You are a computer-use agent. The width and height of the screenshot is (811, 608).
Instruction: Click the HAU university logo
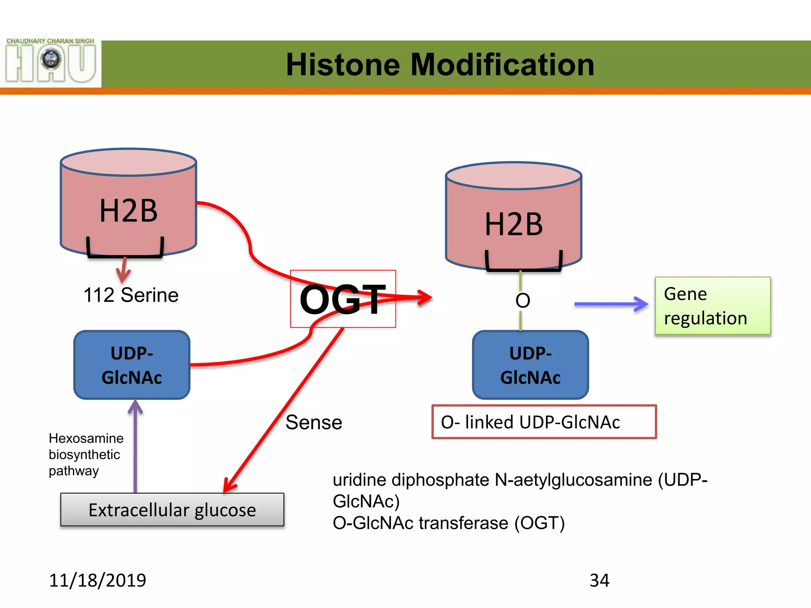point(51,60)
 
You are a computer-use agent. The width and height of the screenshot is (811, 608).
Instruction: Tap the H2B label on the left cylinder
point(128,211)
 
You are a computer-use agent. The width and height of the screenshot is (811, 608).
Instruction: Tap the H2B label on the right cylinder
point(514,224)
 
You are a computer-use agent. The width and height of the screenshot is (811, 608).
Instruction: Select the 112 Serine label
point(131,295)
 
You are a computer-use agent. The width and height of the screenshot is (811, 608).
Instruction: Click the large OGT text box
point(343,299)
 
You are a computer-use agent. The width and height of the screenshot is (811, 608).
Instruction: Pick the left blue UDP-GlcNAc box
point(132,365)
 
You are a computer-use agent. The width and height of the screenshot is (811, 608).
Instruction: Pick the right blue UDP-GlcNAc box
point(531,365)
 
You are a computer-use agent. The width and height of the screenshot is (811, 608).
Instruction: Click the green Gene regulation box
point(713,306)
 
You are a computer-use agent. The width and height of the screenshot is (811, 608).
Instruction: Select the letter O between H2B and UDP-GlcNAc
point(523,301)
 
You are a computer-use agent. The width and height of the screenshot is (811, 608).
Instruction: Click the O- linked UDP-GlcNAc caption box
point(544,422)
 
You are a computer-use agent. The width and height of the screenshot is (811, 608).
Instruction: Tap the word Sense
point(314,422)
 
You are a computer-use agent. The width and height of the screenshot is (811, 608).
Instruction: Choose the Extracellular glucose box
point(172,510)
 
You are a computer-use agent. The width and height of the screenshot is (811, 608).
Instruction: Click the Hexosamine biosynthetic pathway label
point(86,454)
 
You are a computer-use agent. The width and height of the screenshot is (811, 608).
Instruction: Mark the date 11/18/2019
point(97,580)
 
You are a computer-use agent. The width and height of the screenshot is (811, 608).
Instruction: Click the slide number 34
point(600,580)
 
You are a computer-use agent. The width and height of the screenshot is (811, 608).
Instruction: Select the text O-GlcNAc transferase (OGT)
point(449,523)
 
